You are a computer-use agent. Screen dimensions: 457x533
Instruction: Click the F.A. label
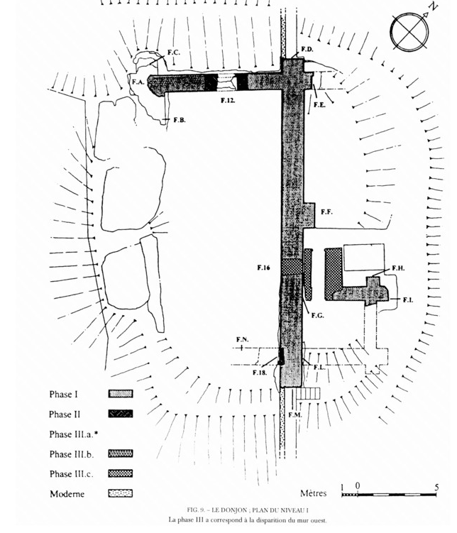tap(138, 82)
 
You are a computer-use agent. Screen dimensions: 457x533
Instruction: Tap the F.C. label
tap(174, 53)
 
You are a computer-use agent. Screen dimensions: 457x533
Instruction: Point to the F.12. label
tap(228, 100)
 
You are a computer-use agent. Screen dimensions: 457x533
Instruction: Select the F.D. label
tap(307, 49)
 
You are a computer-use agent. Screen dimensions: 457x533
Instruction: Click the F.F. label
tap(326, 211)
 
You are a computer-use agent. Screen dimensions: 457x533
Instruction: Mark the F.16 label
tap(263, 268)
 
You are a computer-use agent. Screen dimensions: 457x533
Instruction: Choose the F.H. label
tap(398, 268)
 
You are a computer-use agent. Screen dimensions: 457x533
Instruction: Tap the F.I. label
tap(408, 300)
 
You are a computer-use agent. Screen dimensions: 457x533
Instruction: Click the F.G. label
tap(318, 315)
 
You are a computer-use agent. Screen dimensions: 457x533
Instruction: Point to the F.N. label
tap(243, 339)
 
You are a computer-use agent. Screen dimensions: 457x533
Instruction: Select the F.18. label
tap(260, 373)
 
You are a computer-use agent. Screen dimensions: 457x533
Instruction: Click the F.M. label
tap(295, 414)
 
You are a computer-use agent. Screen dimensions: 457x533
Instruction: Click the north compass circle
tap(409, 32)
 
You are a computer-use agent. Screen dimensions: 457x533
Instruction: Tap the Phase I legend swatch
tap(121, 394)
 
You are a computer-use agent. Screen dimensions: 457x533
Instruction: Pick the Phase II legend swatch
tap(121, 414)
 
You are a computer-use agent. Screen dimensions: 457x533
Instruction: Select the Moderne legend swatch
tap(121, 493)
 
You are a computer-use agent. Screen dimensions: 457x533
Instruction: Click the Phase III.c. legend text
tap(72, 474)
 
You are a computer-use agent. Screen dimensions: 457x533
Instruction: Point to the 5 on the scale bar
tap(436, 487)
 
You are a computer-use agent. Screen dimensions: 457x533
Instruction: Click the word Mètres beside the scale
tap(313, 493)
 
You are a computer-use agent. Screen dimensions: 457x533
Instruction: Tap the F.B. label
tap(180, 120)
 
